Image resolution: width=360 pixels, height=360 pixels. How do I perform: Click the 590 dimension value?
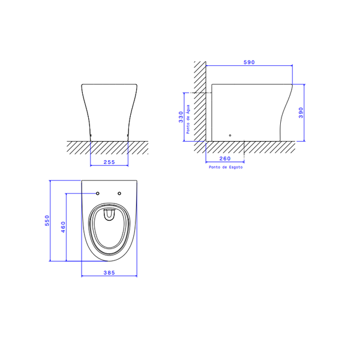pyautogui.click(x=249, y=62)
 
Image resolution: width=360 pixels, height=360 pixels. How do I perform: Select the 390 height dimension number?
pyautogui.click(x=301, y=113)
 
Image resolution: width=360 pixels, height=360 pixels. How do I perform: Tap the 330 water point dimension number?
pyautogui.click(x=181, y=117)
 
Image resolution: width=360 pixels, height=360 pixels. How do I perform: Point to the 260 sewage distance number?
pyautogui.click(x=225, y=158)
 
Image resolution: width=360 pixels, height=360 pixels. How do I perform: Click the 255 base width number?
pyautogui.click(x=109, y=162)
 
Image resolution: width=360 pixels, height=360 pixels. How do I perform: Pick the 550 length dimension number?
pyautogui.click(x=47, y=220)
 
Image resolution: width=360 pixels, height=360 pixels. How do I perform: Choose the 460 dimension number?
pyautogui.click(x=63, y=227)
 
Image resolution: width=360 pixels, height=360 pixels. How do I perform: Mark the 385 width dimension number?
pyautogui.click(x=109, y=273)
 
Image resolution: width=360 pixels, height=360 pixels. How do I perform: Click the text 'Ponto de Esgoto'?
pyautogui.click(x=226, y=167)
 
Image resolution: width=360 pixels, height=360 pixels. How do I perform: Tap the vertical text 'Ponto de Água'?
pyautogui.click(x=188, y=119)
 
